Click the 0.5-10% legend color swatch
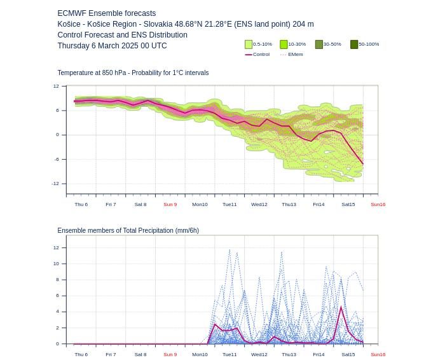pyautogui.click(x=249, y=45)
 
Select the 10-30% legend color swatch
pyautogui.click(x=284, y=45)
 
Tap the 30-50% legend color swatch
pyautogui.click(x=319, y=45)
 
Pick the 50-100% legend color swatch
pyautogui.click(x=354, y=45)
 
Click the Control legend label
pyautogui.click(x=261, y=54)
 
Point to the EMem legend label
pyautogui.click(x=296, y=54)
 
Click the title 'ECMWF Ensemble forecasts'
pyautogui.click(x=106, y=13)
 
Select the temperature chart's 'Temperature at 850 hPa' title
pyautogui.click(x=92, y=73)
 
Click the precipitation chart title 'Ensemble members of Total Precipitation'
pyautogui.click(x=116, y=230)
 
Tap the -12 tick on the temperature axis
pyautogui.click(x=55, y=184)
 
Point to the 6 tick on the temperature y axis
pyautogui.click(x=57, y=111)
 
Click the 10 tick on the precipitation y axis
pyautogui.click(x=56, y=264)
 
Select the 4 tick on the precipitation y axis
pyautogui.click(x=57, y=312)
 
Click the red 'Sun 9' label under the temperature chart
pyautogui.click(x=170, y=204)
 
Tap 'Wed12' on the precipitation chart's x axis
pyautogui.click(x=259, y=354)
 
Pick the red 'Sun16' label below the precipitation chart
pyautogui.click(x=378, y=354)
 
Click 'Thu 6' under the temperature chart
pyautogui.click(x=81, y=204)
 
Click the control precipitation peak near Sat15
pyautogui.click(x=341, y=307)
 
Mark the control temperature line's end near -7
pyautogui.click(x=363, y=164)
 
